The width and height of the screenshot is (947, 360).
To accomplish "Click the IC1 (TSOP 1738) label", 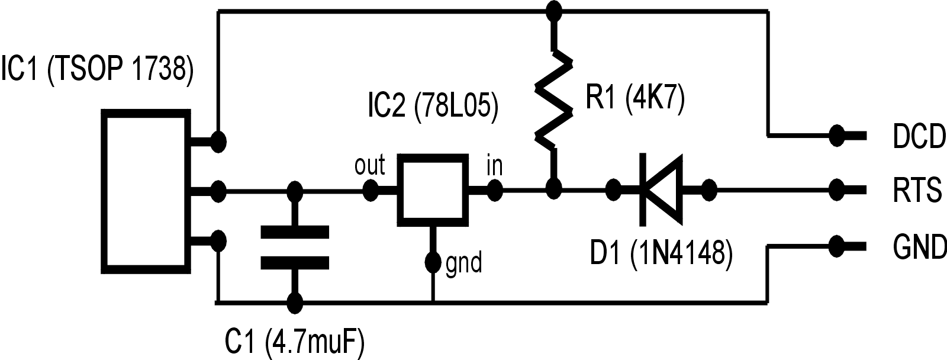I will tap(98, 69).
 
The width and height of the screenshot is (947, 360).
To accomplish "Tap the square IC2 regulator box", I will tap(431, 191).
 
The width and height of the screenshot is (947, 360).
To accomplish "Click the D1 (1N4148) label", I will tap(661, 253).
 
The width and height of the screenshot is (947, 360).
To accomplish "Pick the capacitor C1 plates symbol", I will tap(295, 247).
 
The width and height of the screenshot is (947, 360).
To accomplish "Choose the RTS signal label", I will tap(917, 191).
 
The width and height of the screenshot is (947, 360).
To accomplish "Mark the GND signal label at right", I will tap(919, 246).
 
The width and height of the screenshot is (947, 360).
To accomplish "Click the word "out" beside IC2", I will tap(369, 165).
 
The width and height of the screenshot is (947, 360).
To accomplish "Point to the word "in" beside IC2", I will tap(494, 166).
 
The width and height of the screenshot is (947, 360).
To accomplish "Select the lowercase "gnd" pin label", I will tap(463, 262).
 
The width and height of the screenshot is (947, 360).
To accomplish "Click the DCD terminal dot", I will tap(836, 136).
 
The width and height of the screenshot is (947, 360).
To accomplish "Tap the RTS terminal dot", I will tap(837, 190).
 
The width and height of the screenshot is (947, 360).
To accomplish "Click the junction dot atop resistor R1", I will tap(554, 10).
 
